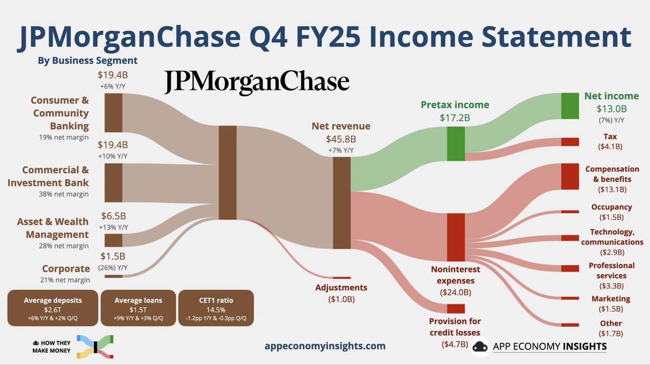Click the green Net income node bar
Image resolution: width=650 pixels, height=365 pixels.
coord(570,106)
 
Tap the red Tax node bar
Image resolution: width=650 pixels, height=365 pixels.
coord(570,142)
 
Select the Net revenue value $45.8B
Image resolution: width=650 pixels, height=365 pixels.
coord(341,139)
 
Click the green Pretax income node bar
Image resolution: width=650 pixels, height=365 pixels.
coord(456,143)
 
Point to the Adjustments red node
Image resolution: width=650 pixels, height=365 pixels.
coord(341,278)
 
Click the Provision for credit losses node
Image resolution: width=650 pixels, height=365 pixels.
coord(456,309)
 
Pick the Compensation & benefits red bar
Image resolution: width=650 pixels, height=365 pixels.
coord(570,176)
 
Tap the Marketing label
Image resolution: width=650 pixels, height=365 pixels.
coord(610,298)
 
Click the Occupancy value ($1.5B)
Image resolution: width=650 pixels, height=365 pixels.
coord(612,217)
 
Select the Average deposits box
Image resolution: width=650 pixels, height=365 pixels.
coord(53,308)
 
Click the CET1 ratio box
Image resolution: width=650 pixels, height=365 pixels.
coord(216,308)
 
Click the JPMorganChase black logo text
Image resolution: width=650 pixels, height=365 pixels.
coord(257,82)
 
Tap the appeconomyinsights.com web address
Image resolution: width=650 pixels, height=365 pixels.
coord(325,346)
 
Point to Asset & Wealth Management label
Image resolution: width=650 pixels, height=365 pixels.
coord(53,228)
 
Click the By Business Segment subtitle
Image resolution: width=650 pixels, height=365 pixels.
coord(87,60)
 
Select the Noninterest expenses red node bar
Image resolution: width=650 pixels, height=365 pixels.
coord(456,237)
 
